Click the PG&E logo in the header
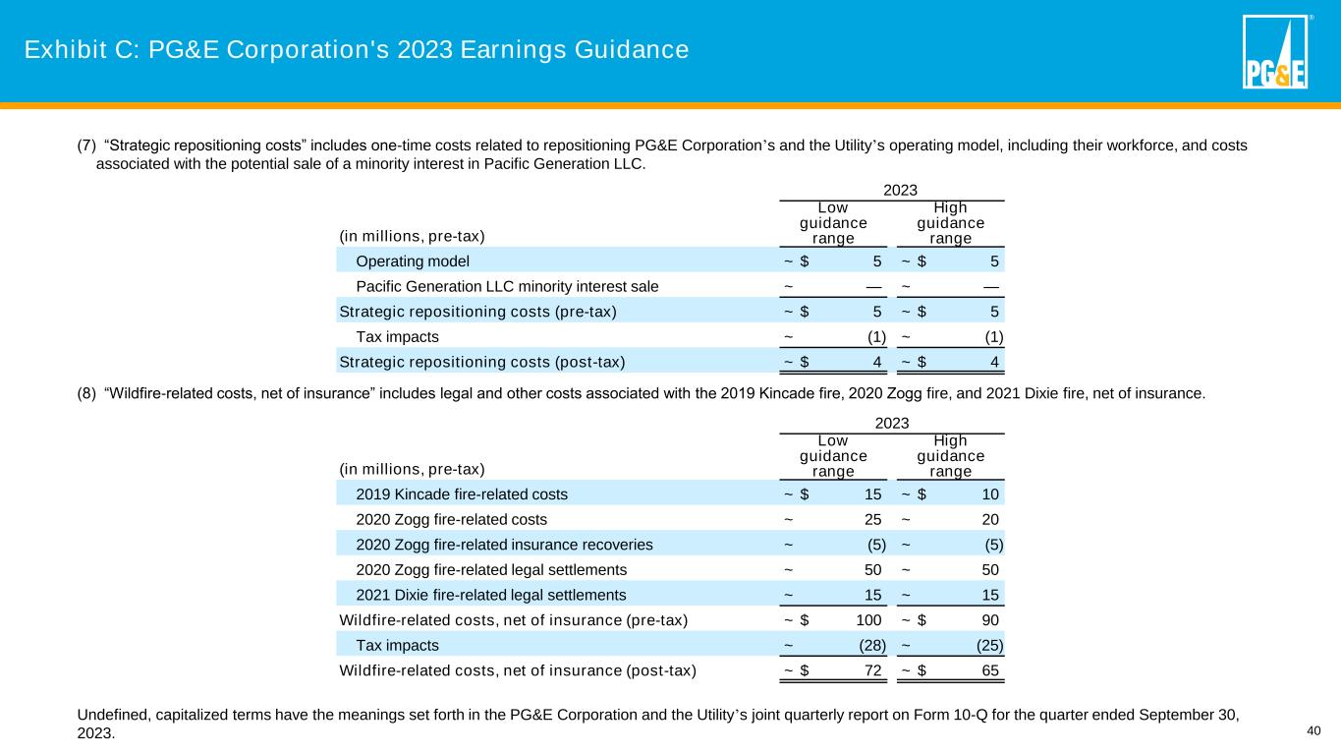[x=1274, y=52]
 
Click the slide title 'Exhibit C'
[x=356, y=49]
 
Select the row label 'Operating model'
[x=413, y=261]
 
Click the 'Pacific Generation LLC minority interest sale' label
[x=507, y=287]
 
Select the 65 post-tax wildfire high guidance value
[x=990, y=671]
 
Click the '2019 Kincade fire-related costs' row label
[x=461, y=494]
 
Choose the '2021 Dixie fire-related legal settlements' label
[x=490, y=595]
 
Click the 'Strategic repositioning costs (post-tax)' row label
[x=481, y=362]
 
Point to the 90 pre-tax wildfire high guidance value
[x=990, y=620]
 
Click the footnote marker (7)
[x=86, y=146]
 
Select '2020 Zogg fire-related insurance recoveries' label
[x=504, y=545]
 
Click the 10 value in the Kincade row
[x=990, y=494]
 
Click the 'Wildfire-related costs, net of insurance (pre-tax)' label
[x=513, y=620]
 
